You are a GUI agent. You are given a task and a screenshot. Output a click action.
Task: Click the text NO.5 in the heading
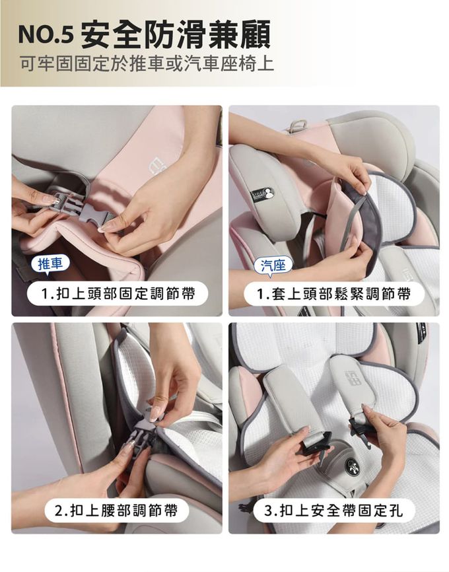[x=46, y=36]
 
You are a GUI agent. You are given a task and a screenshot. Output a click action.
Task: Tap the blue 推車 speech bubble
[x=50, y=264]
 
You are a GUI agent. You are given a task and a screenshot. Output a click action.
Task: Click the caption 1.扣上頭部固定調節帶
[x=118, y=293]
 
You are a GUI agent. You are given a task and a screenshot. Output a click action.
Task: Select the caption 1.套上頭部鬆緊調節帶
[x=333, y=293]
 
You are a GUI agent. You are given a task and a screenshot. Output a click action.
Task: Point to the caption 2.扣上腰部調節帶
[x=116, y=511]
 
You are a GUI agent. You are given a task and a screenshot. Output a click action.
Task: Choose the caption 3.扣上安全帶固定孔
[x=333, y=511]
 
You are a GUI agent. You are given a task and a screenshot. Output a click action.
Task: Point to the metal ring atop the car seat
[x=296, y=127]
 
